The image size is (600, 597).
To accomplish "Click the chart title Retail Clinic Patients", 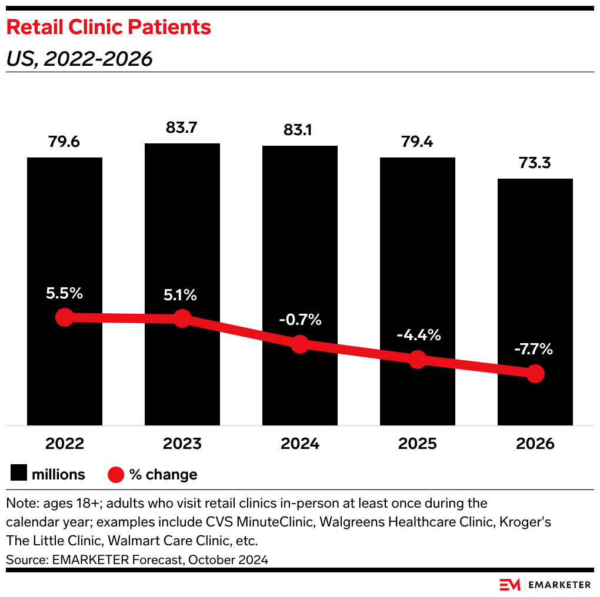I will tap(108, 27).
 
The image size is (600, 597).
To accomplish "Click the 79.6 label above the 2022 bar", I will tap(64, 142).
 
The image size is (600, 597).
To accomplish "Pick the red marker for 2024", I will tap(300, 344).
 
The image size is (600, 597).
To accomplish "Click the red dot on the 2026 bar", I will tap(535, 373).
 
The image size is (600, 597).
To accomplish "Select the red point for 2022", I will tap(64, 317).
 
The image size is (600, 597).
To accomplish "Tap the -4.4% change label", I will tap(418, 335).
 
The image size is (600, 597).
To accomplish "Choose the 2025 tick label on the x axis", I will tap(417, 444).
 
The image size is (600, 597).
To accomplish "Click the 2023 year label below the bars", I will tap(182, 444).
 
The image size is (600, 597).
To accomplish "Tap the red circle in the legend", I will tap(116, 474).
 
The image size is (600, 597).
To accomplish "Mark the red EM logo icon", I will tap(510, 584).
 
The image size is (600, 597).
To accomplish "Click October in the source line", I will tap(209, 560).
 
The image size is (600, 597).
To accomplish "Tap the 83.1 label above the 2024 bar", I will tap(299, 130).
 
